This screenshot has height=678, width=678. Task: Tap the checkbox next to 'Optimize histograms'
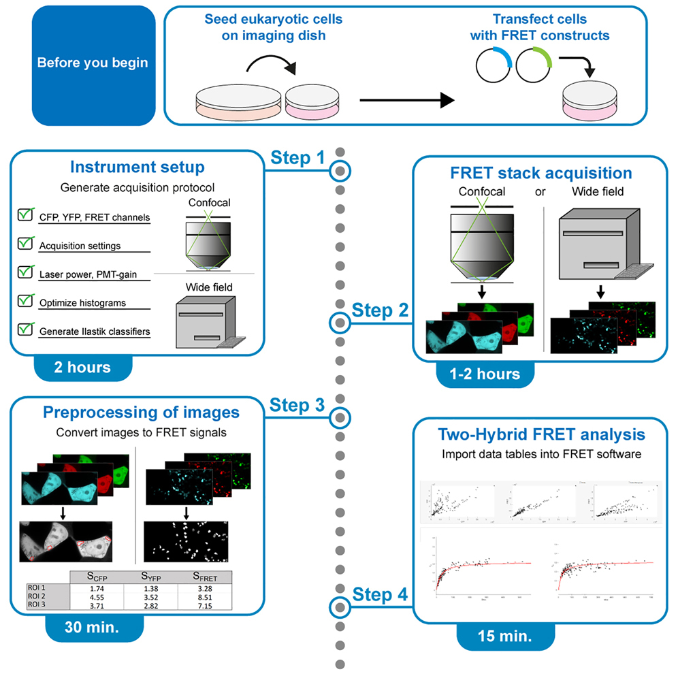point(27,300)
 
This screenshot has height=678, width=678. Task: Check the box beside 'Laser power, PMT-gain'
point(27,271)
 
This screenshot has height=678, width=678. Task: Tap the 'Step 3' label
point(297,406)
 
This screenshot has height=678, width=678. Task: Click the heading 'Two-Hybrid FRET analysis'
point(543,434)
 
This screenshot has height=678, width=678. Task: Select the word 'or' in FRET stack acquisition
point(540,192)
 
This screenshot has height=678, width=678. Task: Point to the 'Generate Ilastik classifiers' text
point(95,331)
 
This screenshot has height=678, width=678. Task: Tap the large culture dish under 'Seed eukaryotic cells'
point(238,101)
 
